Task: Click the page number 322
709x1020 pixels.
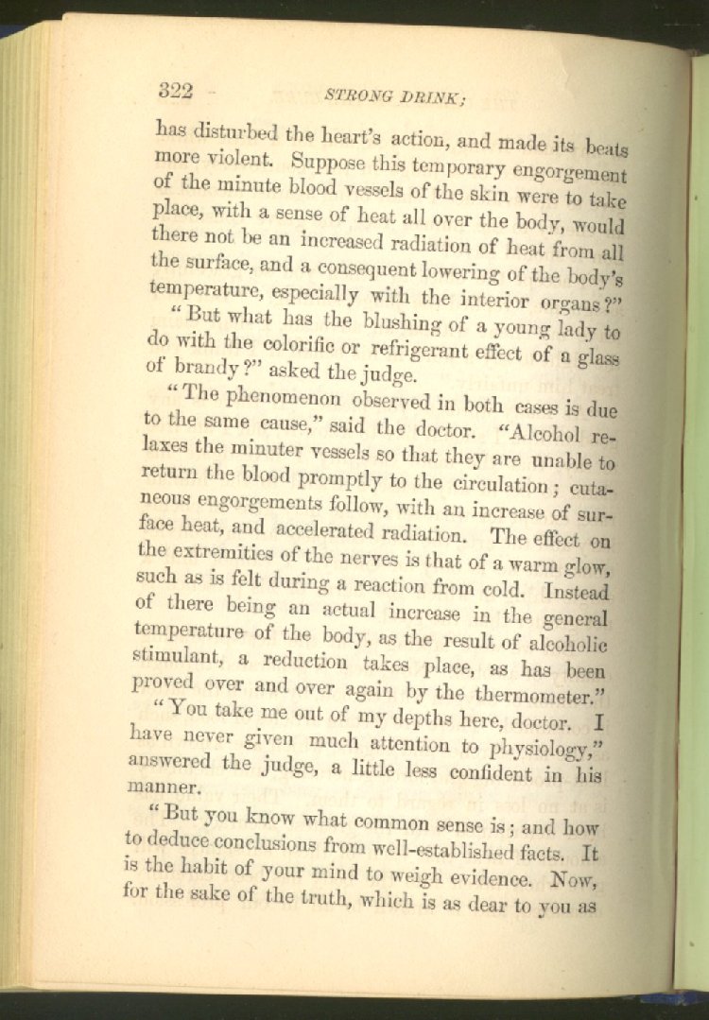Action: [x=176, y=91]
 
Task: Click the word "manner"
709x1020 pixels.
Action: [x=164, y=785]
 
